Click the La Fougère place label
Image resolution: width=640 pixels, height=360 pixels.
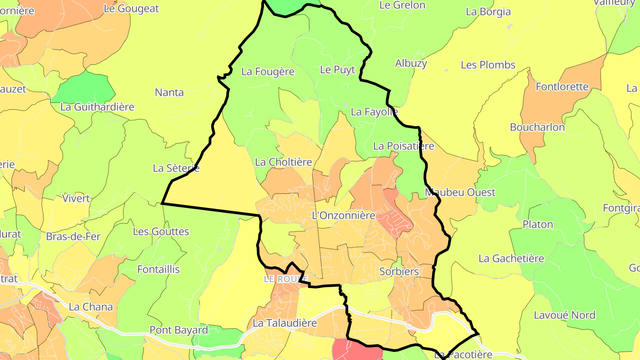[x=268, y=72]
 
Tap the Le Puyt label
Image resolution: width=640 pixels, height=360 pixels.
[x=338, y=70]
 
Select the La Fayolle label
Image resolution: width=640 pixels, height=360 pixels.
[x=374, y=112]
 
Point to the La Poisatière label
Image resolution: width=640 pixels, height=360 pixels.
[x=404, y=146]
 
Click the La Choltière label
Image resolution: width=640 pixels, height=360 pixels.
[x=284, y=162]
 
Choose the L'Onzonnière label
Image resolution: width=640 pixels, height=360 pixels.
[x=344, y=216]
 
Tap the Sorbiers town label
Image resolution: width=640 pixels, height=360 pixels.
[x=399, y=271]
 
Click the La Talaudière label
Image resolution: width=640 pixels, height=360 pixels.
[x=284, y=323]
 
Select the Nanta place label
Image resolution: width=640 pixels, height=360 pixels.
[x=169, y=92]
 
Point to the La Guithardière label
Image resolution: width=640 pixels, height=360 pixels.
[x=97, y=107]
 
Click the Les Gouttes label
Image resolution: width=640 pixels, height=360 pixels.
[x=161, y=232]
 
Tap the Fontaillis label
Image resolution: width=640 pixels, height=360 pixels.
[x=159, y=269]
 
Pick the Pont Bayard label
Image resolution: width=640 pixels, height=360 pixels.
[x=179, y=330]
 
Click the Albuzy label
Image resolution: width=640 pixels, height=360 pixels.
[x=411, y=63]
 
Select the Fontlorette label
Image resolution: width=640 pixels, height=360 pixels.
[x=562, y=87]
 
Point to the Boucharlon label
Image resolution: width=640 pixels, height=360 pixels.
[x=537, y=127]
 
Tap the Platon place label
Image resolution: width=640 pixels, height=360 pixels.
[x=538, y=224]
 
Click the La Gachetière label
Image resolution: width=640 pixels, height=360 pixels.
[x=511, y=258]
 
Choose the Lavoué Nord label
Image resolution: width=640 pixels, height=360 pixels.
[x=564, y=315]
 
